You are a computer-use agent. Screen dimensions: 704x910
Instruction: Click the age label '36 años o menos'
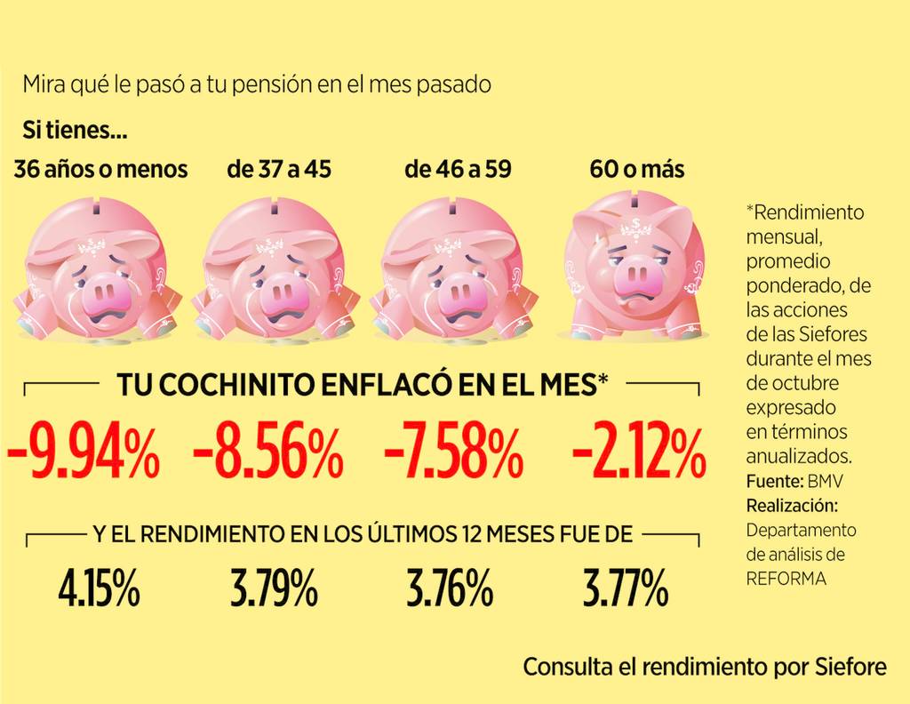[100, 169]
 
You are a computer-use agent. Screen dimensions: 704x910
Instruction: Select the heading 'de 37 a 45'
[279, 169]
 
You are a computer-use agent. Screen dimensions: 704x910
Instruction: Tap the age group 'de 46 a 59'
[458, 169]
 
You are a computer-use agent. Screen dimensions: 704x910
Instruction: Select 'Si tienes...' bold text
[75, 132]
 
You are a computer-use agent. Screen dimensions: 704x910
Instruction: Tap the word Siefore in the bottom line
[850, 667]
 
